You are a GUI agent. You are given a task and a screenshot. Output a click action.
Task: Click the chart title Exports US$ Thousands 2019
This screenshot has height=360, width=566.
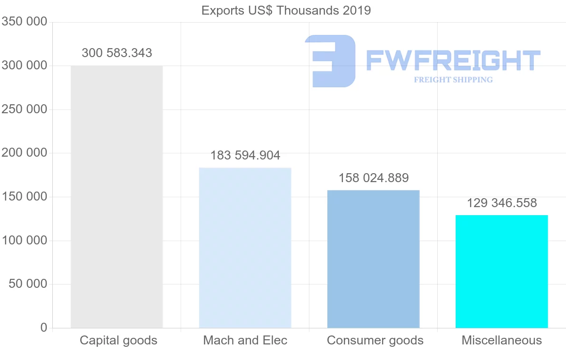pyautogui.click(x=286, y=10)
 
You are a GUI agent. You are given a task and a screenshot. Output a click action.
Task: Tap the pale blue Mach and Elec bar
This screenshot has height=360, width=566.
pyautogui.click(x=245, y=248)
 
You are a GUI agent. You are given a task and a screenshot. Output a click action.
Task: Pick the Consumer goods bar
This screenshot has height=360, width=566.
pyautogui.click(x=373, y=259)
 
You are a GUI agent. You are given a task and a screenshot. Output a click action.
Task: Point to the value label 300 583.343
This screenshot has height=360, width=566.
pyautogui.click(x=117, y=53)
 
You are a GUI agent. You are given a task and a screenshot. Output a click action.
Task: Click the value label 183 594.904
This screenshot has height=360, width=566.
pyautogui.click(x=245, y=155)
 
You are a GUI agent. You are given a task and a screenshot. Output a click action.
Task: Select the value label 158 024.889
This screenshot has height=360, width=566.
pyautogui.click(x=374, y=178)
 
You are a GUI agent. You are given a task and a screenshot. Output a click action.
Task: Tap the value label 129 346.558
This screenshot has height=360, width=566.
pyautogui.click(x=502, y=203)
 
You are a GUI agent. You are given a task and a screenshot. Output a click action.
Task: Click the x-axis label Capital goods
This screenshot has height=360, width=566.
pyautogui.click(x=118, y=340)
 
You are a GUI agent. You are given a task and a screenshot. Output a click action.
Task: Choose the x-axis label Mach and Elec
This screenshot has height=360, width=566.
pyautogui.click(x=245, y=340)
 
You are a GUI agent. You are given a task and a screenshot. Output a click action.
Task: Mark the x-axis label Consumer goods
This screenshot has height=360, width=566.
pyautogui.click(x=375, y=340)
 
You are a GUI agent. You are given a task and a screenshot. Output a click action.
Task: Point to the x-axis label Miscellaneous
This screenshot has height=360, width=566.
pyautogui.click(x=502, y=340)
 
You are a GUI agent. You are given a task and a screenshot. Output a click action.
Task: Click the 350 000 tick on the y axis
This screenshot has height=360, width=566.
pyautogui.click(x=25, y=22)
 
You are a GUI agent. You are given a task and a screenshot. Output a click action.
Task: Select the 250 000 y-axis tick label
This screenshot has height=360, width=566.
pyautogui.click(x=25, y=109)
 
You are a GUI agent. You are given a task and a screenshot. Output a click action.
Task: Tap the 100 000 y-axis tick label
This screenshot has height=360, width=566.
pyautogui.click(x=25, y=241)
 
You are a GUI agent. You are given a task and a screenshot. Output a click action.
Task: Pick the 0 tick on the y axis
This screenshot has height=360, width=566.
pyautogui.click(x=44, y=327)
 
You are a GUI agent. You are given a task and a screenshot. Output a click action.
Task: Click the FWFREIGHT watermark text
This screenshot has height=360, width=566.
pyautogui.click(x=453, y=61)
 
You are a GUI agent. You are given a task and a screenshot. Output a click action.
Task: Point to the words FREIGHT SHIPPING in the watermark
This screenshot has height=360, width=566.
pyautogui.click(x=453, y=80)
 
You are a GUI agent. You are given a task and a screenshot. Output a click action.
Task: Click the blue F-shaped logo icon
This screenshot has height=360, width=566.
pyautogui.click(x=330, y=61)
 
